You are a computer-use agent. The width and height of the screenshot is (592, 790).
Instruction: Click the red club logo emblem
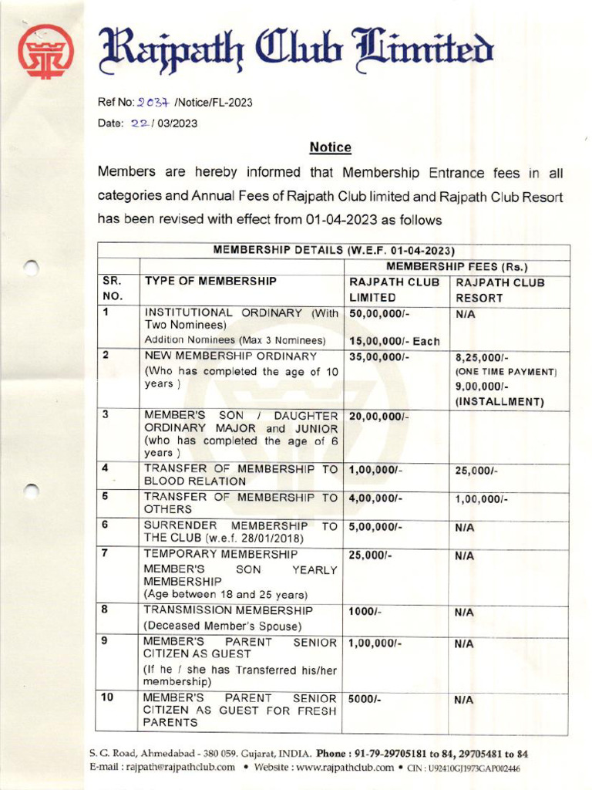(x=45, y=51)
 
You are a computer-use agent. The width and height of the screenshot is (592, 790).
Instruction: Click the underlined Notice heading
(x=330, y=147)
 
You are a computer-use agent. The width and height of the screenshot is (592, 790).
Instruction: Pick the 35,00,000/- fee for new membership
(x=378, y=357)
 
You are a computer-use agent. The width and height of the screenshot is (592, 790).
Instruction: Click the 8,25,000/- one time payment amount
(x=482, y=358)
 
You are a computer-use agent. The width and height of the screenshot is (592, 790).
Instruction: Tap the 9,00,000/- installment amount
(x=482, y=386)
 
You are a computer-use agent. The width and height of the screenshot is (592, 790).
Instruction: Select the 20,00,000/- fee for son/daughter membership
(x=378, y=417)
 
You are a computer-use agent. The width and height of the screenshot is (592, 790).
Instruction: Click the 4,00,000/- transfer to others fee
(x=375, y=498)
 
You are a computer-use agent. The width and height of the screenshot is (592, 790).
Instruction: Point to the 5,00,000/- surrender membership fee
(x=375, y=527)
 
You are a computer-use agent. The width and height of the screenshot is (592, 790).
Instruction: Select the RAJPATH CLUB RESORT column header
(x=499, y=290)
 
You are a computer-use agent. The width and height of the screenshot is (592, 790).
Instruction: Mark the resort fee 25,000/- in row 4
(x=476, y=470)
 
